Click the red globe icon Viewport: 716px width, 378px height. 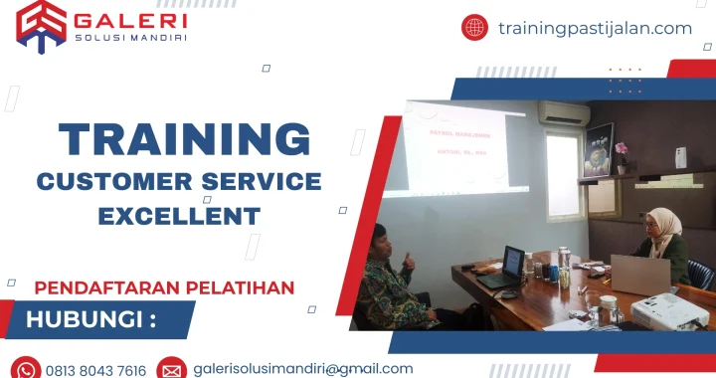click(474, 28)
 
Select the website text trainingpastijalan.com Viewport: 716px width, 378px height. click(595, 28)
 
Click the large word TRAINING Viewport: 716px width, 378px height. click(184, 139)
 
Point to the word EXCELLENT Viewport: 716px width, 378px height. click(179, 215)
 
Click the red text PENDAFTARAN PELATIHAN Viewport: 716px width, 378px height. click(164, 287)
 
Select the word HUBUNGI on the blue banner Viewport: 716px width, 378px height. click(90, 319)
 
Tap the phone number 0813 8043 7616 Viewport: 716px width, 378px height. click(96, 370)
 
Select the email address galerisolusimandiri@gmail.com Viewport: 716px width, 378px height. click(303, 369)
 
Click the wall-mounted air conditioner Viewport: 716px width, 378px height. click(564, 113)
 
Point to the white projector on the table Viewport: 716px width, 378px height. click(668, 310)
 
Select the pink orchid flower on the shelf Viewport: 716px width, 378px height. click(622, 150)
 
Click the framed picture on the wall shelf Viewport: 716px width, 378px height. click(599, 149)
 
